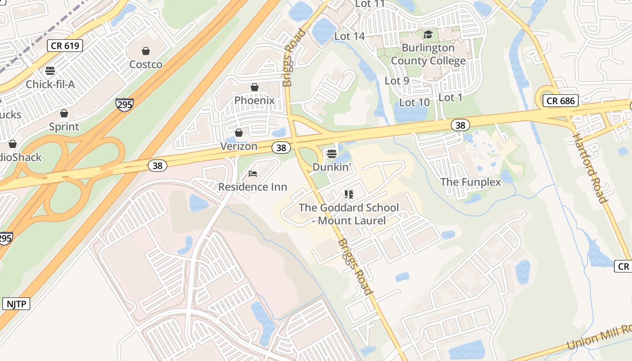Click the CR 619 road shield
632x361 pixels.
pos(65,45)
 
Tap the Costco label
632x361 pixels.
pos(146,65)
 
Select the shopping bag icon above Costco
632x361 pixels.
pos(146,51)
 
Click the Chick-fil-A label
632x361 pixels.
pos(50,84)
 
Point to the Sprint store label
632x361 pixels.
pos(64,127)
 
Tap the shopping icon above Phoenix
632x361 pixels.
pos(255,87)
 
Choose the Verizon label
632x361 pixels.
pos(239,146)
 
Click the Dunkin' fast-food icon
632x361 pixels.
pos(332,154)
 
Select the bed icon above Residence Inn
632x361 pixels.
pos(253,174)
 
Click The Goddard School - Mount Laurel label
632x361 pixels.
pos(349,214)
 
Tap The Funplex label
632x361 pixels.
pos(470,182)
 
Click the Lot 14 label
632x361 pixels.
pos(349,36)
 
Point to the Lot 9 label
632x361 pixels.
pos(396,81)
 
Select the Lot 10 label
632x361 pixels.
pos(414,102)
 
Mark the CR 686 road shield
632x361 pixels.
pos(561,101)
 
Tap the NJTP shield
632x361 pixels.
pos(16,304)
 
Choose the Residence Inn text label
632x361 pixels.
pos(253,187)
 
